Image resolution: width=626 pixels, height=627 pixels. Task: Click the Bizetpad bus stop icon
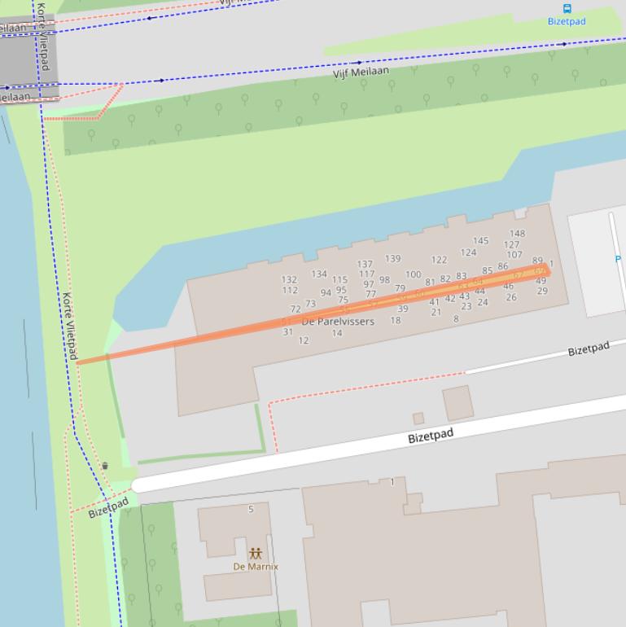(x=567, y=9)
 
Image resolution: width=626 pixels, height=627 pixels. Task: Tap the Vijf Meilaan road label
(x=361, y=72)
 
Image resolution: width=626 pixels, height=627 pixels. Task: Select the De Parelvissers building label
(x=338, y=322)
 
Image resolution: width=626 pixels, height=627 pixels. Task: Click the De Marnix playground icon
(x=256, y=553)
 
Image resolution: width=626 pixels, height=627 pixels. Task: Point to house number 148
(x=517, y=234)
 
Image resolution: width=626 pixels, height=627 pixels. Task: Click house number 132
(x=289, y=279)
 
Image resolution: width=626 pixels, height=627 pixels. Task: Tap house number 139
(x=392, y=259)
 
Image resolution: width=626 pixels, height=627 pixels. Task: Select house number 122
(x=439, y=261)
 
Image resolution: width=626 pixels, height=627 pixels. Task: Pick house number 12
(x=304, y=340)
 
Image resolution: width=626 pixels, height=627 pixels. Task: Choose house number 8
(x=456, y=319)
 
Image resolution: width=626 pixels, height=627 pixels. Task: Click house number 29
(x=542, y=291)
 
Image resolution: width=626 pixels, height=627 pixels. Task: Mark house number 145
(x=480, y=241)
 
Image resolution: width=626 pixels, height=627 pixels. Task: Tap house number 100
(x=414, y=275)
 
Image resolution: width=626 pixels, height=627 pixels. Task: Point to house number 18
(x=396, y=321)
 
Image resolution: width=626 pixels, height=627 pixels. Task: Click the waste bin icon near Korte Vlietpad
(x=105, y=466)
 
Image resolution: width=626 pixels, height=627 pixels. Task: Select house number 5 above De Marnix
(x=251, y=510)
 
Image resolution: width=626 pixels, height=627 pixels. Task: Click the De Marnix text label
(x=256, y=567)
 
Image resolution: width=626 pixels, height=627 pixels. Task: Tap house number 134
(x=319, y=274)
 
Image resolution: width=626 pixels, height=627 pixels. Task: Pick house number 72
(x=295, y=309)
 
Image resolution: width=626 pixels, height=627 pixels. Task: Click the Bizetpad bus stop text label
(x=567, y=22)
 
